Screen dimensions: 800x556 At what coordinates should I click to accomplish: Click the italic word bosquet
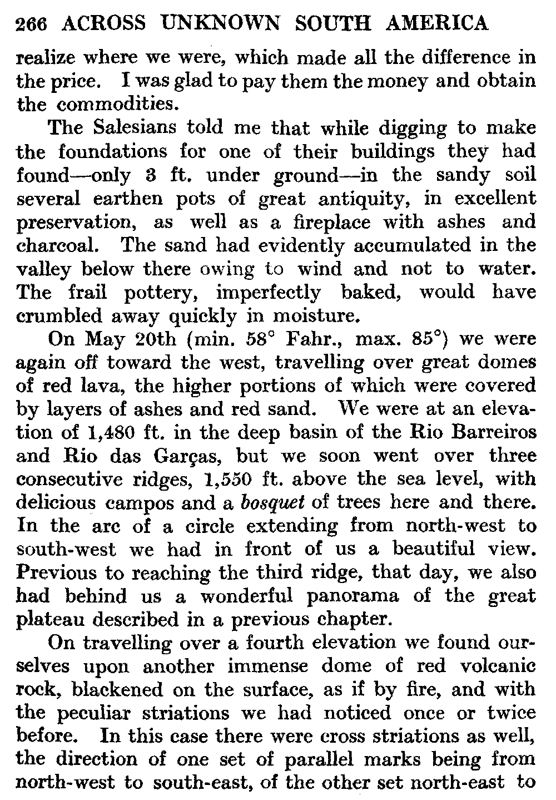273,502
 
